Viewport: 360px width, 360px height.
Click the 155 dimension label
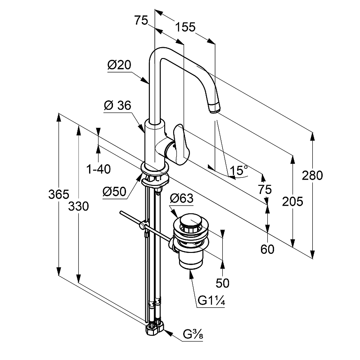[186, 27]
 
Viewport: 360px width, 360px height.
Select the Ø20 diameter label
[119, 65]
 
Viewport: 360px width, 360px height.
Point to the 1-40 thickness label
[99, 169]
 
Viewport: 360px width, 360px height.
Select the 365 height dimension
[59, 195]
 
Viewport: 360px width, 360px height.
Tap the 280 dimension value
[313, 175]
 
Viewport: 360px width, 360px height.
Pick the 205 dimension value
[292, 201]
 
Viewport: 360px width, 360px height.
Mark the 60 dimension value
[267, 249]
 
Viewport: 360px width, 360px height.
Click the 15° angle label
[239, 171]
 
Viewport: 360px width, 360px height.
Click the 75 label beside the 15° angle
[265, 189]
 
